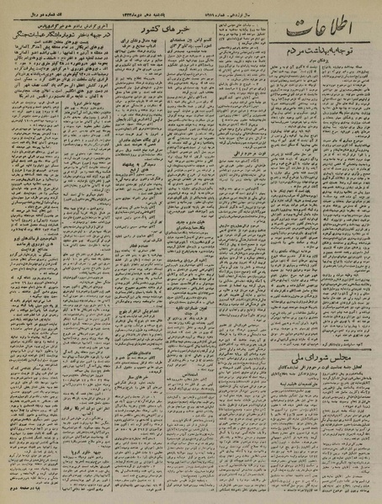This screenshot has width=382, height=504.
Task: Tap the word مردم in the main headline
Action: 291,79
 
